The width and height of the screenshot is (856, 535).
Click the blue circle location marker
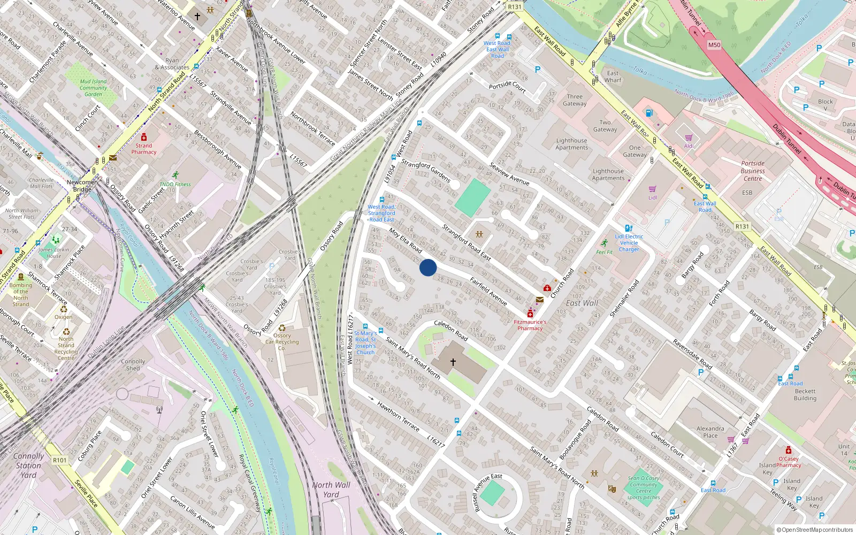[x=428, y=267]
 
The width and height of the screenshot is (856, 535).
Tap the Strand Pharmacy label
[x=144, y=149]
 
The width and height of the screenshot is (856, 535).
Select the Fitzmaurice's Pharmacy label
[x=530, y=325]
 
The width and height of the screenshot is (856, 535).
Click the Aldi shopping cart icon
[x=689, y=137]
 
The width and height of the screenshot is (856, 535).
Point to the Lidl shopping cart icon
[x=652, y=189]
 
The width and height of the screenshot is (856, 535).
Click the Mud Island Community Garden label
[x=93, y=88]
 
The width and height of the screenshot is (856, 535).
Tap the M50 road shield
[x=714, y=45]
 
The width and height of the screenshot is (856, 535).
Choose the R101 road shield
[x=59, y=460]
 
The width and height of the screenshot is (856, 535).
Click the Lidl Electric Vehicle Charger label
[x=629, y=243]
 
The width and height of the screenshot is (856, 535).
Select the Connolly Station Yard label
[x=28, y=465]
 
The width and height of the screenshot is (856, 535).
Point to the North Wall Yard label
[x=331, y=490]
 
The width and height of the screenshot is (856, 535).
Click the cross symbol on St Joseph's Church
[x=453, y=362]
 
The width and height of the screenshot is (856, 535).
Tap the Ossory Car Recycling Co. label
[x=282, y=342]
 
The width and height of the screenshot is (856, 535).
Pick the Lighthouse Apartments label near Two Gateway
[x=571, y=144]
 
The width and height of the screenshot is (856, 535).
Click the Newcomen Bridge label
[x=82, y=186]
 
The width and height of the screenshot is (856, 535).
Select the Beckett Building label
[x=805, y=395]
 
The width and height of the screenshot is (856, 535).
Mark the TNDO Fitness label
[x=175, y=185]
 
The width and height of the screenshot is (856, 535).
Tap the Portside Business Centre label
[x=753, y=171]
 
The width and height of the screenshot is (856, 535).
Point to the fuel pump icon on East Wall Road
[x=649, y=113]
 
